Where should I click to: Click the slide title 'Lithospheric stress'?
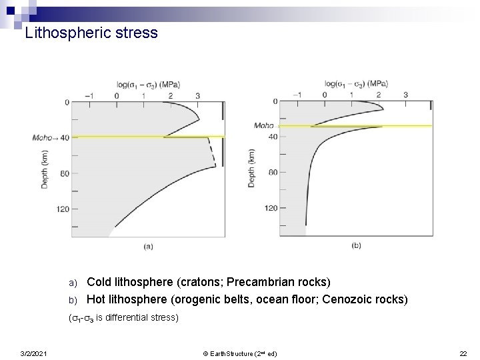[91, 33]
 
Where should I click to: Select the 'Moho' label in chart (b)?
[263, 125]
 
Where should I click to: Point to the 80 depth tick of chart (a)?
[64, 173]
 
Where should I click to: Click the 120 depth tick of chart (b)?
[271, 208]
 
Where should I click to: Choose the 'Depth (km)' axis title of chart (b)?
[251, 167]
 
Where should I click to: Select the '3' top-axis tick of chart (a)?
[197, 95]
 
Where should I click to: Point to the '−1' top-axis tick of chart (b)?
[297, 95]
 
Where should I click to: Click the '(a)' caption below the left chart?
[147, 246]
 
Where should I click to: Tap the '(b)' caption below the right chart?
[356, 245]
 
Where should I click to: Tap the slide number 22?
[463, 353]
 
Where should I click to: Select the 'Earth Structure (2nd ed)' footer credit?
[239, 353]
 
